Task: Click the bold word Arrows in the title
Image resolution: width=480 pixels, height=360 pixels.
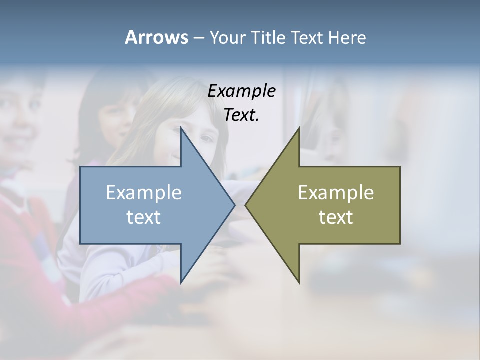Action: [156, 37]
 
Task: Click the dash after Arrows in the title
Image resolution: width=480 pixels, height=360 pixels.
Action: [198, 38]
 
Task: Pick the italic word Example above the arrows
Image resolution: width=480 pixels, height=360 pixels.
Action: [241, 91]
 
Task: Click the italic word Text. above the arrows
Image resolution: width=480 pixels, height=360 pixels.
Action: [241, 115]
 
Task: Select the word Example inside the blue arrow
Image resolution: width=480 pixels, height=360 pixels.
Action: [144, 192]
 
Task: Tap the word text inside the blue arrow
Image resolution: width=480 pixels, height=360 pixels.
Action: [144, 217]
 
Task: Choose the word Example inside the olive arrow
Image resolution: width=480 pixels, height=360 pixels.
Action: [336, 192]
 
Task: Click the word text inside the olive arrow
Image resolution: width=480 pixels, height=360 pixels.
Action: [336, 217]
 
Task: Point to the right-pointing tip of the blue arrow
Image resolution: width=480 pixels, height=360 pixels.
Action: [234, 205]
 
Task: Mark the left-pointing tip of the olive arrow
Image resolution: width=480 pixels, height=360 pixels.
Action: [245, 205]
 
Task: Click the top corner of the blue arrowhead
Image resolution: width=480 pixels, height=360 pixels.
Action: [181, 128]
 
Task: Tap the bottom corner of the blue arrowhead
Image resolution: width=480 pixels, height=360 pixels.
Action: [181, 282]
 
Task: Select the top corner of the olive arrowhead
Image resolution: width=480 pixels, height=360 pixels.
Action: [299, 128]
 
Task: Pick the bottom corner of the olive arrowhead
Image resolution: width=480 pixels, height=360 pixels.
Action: [299, 282]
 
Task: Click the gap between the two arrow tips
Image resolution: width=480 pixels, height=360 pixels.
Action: [240, 205]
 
